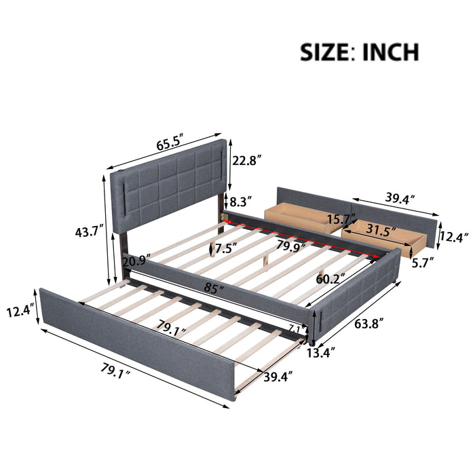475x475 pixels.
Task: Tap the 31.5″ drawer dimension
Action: [376, 230]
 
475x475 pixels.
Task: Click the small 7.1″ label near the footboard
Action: [294, 328]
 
